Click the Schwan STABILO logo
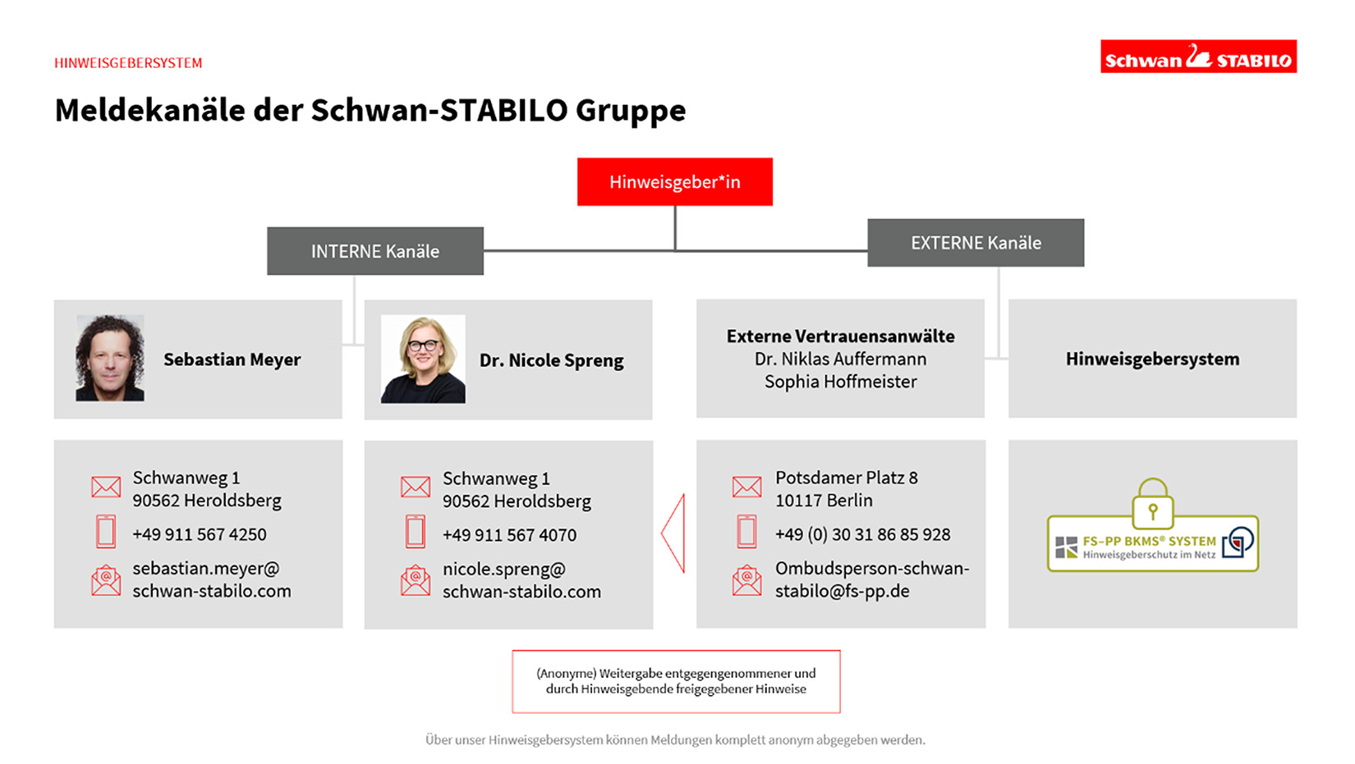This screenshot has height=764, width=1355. point(1198,57)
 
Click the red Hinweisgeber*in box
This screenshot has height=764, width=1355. point(674,181)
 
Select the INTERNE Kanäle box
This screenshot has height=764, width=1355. point(375,251)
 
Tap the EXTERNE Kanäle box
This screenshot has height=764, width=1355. point(976,243)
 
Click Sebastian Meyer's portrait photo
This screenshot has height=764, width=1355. point(110,359)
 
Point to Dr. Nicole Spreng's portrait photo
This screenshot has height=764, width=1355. point(423,359)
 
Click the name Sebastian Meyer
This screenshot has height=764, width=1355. point(232,359)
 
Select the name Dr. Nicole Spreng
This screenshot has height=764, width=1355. point(551,360)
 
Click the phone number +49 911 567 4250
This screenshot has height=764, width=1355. point(200,534)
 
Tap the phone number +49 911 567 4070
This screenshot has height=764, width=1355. point(509,535)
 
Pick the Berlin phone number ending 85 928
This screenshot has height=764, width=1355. point(862,534)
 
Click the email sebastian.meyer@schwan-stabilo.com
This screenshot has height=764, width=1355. point(211,579)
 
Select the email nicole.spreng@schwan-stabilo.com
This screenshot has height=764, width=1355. point(521,580)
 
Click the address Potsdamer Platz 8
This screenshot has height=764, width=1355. point(846,478)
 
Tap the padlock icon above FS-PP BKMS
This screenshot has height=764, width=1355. point(1153,503)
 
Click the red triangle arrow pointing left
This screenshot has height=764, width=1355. point(674,533)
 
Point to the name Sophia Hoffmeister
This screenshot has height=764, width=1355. point(840,382)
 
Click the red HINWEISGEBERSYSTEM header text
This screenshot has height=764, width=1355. point(128,63)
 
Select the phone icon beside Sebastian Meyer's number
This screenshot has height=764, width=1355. point(106,532)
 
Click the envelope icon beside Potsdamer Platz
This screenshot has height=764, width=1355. point(746,487)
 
